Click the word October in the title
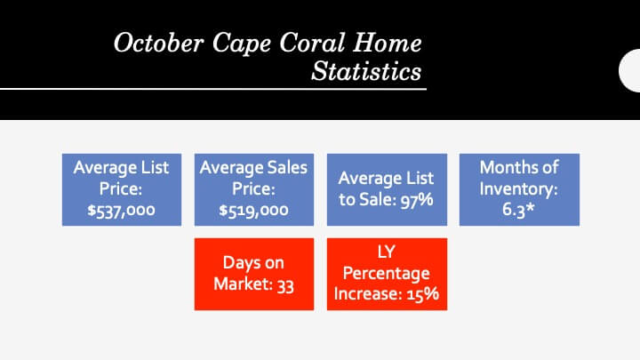click(158, 43)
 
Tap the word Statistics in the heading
click(366, 71)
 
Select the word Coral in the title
click(312, 43)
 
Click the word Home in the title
click(388, 43)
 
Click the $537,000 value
click(121, 211)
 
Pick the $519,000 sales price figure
click(253, 211)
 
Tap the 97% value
click(416, 200)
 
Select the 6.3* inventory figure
click(518, 209)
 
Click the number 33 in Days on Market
click(285, 285)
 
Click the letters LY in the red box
click(386, 252)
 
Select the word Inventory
click(518, 189)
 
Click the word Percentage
click(386, 274)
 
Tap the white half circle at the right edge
click(629, 70)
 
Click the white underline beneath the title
click(213, 89)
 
